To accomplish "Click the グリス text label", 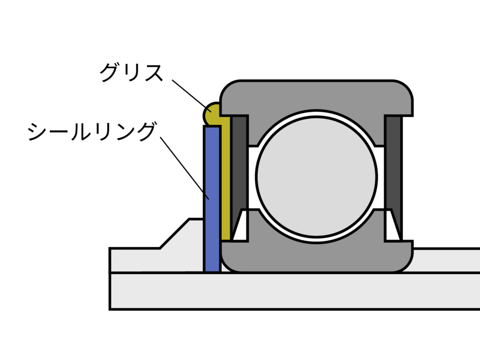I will (131, 72).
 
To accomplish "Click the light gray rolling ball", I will (316, 176).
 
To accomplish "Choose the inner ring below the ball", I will (317, 257).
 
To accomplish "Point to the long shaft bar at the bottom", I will (288, 291).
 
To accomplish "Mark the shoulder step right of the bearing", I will (446, 260).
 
